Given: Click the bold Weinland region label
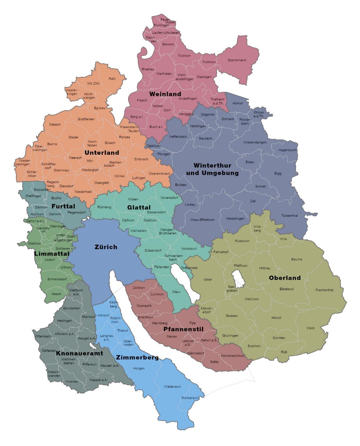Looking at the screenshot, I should tap(165, 94).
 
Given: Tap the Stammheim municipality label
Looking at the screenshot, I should tap(237, 60).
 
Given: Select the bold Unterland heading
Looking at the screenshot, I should tap(102, 153).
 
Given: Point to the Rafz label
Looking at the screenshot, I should tap(112, 79).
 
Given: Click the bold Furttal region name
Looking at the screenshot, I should tap(63, 206).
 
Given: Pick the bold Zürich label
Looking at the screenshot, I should tap(106, 247).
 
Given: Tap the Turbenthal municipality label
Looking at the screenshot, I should tap(290, 216).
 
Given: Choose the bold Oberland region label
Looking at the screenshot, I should tap(285, 278).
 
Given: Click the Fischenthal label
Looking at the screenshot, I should tap(324, 290).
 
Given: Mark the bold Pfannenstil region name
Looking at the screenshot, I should tap(183, 329).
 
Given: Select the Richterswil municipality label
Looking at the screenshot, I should tap(190, 398).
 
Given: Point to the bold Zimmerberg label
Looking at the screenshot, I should tap(137, 357).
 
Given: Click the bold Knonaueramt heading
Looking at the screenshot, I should tap(79, 353).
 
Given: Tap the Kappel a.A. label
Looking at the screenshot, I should tap(98, 380).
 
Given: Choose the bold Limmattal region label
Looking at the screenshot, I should tap(52, 253).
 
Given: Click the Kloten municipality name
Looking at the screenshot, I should tap(133, 199).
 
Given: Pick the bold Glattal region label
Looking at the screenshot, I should tap(139, 207).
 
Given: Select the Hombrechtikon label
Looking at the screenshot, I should tap(232, 356).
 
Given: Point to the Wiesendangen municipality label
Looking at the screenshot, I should tap(255, 142).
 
